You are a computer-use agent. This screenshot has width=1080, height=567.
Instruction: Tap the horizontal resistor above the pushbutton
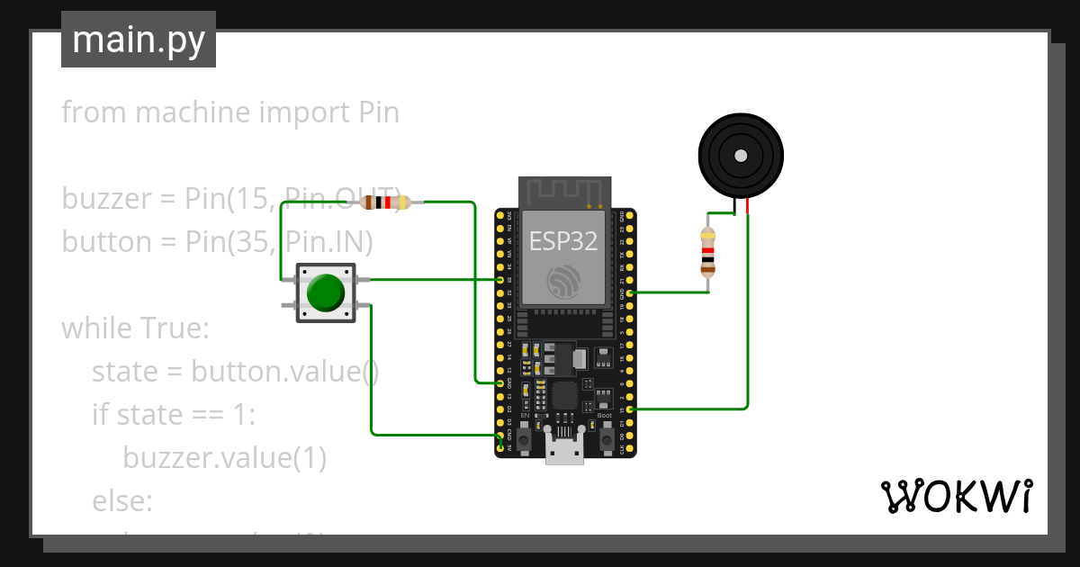(x=385, y=202)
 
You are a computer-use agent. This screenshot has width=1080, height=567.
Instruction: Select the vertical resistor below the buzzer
(x=708, y=251)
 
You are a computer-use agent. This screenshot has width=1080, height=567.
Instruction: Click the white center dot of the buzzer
(x=741, y=156)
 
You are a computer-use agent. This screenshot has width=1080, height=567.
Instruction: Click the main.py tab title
(x=139, y=40)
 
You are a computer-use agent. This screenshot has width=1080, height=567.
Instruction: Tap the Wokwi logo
(x=955, y=496)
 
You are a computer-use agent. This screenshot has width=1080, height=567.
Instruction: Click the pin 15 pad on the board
(x=630, y=409)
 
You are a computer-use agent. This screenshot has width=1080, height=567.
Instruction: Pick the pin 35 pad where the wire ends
(x=500, y=280)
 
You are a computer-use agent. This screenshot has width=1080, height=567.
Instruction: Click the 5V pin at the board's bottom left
(x=500, y=447)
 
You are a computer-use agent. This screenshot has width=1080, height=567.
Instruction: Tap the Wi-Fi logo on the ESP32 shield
(x=564, y=282)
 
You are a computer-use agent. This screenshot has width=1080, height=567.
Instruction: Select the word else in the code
(x=122, y=501)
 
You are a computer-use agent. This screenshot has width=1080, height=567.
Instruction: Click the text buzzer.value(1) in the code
(x=224, y=458)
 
